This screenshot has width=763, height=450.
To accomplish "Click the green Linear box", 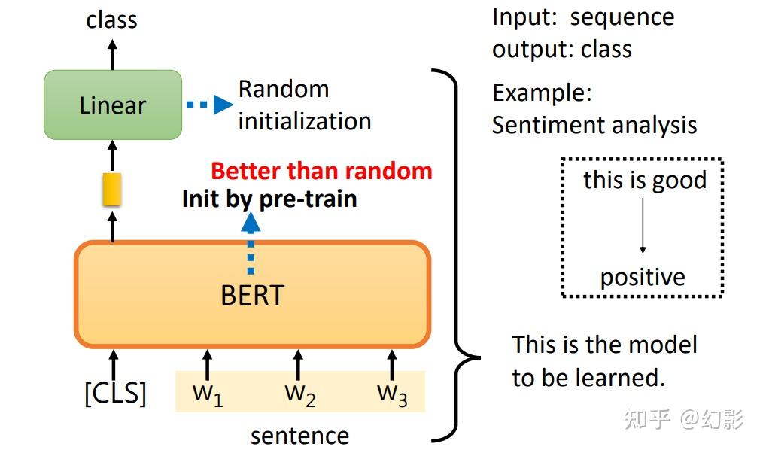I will coord(113,105).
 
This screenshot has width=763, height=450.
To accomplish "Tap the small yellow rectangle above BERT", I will coord(112,190).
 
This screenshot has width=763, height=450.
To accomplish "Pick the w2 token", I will coord(299,394).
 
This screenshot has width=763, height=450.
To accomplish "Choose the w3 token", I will coord(392,394).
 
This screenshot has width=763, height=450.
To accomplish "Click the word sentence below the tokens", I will coord(299,436).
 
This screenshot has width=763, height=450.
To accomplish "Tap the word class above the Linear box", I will coord(112,20).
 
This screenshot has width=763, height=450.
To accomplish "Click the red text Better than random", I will coord(321,171).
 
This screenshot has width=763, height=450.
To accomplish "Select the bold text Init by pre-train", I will coord(269,199).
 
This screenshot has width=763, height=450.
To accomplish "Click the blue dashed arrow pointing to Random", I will coord(210,105).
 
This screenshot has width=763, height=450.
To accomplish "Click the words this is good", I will coord(645,181).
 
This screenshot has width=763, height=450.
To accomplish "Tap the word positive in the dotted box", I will coord(643,277).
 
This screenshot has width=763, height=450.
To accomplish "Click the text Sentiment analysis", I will coord(594,125).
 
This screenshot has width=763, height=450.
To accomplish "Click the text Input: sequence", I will coord(583,17).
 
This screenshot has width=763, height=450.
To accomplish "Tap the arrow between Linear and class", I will coord(112,54).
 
